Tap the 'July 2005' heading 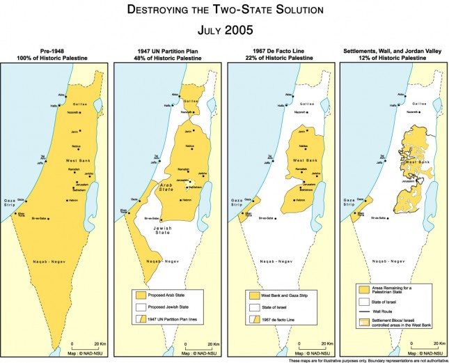pos(224,31)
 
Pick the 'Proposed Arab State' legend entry pos(173,295)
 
